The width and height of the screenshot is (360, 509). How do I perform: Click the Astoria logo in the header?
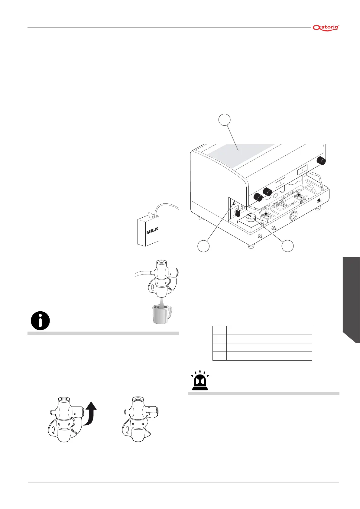(x=326, y=28)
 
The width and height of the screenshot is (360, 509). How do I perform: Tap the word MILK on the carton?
(x=152, y=231)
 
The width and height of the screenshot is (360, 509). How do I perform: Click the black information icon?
(x=40, y=320)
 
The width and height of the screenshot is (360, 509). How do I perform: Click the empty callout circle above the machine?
(x=224, y=119)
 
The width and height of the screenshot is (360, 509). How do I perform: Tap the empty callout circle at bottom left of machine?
(x=203, y=246)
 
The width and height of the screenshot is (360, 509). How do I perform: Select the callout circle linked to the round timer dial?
(x=287, y=246)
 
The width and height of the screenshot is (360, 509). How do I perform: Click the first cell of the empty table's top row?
(x=219, y=330)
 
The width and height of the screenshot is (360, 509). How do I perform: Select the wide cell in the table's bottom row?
(x=269, y=356)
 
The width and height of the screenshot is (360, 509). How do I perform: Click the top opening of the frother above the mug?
(x=161, y=262)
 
